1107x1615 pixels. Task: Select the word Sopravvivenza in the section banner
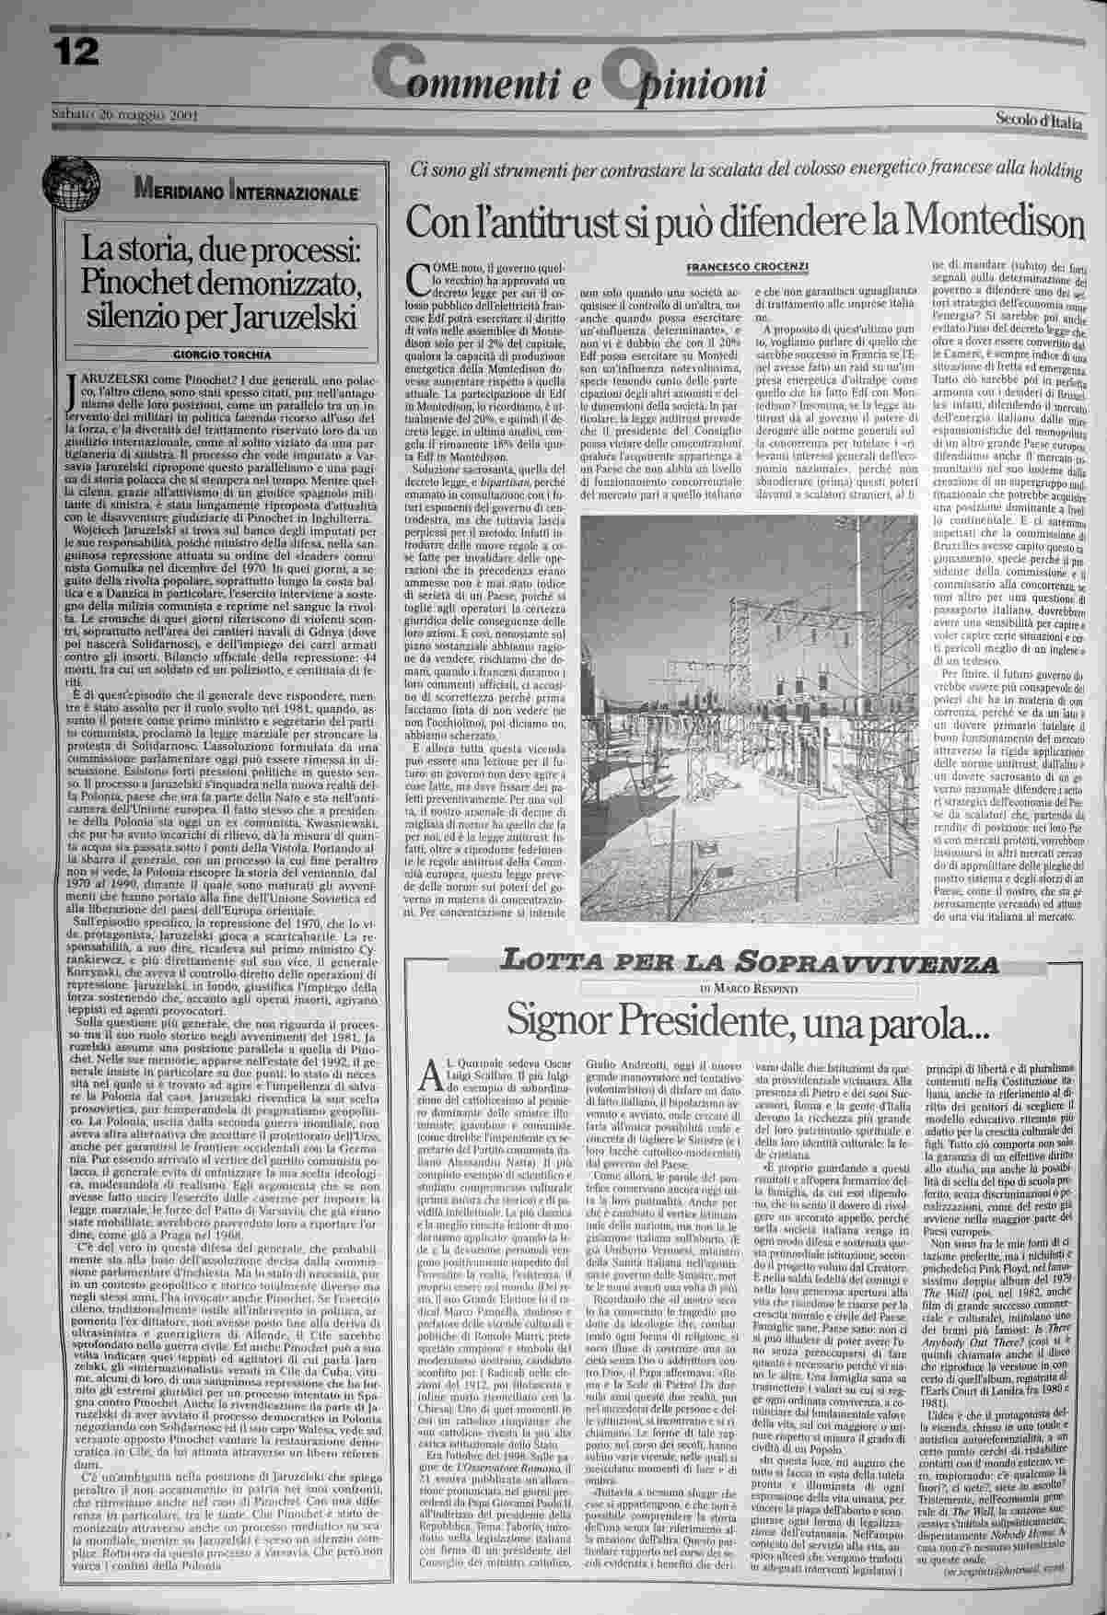(x=869, y=964)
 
